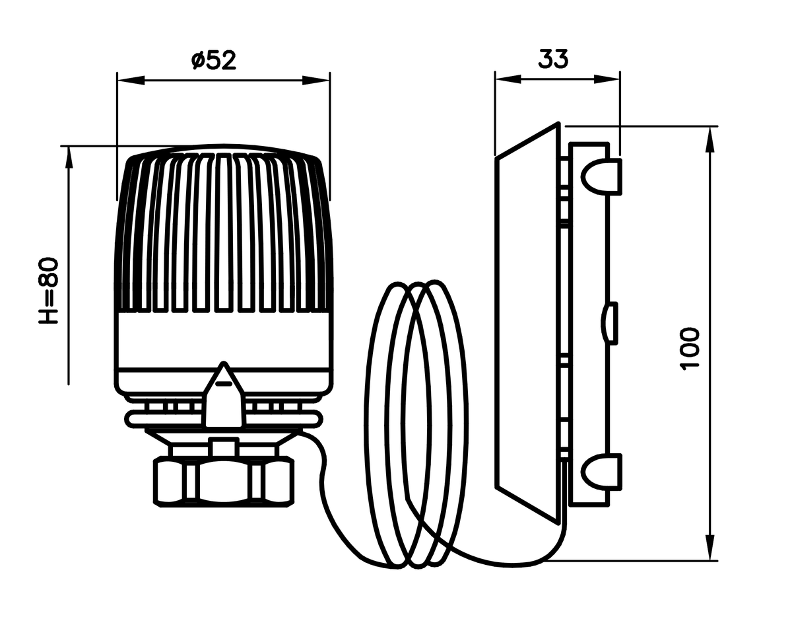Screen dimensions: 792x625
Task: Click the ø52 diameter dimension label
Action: pos(214,60)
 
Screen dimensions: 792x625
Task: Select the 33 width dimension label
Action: pos(553,59)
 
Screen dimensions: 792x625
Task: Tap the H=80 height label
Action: pos(49,291)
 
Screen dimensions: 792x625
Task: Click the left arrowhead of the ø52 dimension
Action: pos(131,81)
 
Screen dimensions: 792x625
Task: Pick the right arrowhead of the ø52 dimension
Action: pos(316,81)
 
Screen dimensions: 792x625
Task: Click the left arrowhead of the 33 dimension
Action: pos(508,79)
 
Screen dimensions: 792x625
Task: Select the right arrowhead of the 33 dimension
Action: pos(607,79)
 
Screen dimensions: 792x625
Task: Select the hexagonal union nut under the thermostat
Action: pos(224,481)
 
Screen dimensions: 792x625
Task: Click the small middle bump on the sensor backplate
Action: pos(609,324)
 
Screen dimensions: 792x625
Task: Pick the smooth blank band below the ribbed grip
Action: pos(224,340)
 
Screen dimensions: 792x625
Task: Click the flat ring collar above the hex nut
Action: pos(224,419)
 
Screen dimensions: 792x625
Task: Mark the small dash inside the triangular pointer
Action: pos(224,384)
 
